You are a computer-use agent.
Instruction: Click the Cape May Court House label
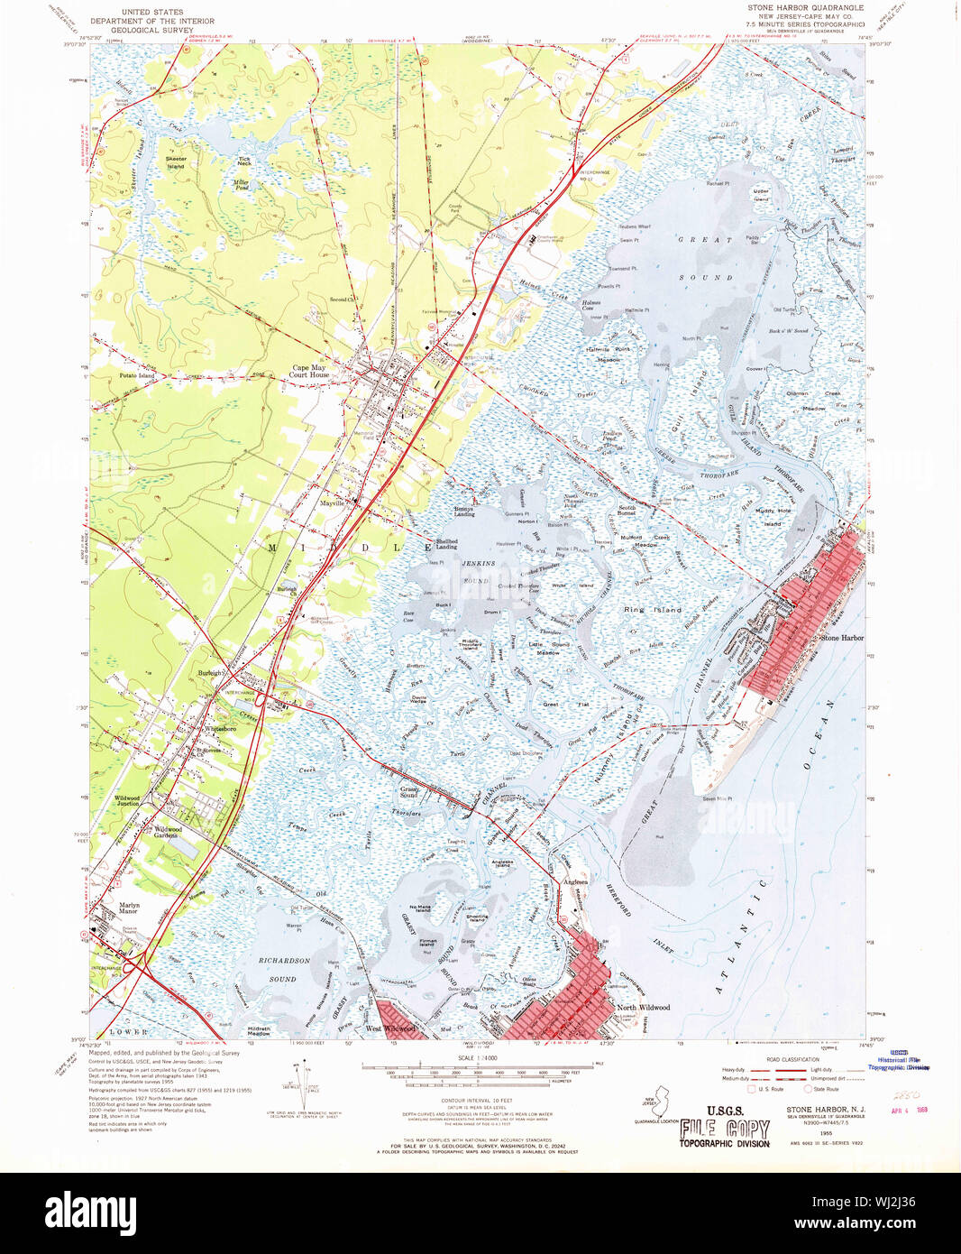(308, 371)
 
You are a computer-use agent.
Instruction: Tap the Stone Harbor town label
(841, 638)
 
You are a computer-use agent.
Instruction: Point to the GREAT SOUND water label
(705, 259)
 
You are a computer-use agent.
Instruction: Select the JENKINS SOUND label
(477, 572)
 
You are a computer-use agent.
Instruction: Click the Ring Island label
(653, 610)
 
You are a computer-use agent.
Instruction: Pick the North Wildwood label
(643, 1008)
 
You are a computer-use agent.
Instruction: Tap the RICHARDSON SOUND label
(284, 970)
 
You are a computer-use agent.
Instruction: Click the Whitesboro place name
(220, 728)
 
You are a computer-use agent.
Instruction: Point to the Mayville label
(333, 503)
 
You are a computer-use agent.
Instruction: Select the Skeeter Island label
(176, 162)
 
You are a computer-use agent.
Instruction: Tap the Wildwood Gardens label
(168, 832)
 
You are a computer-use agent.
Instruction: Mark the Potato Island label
(137, 375)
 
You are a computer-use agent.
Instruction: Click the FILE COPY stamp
(724, 1129)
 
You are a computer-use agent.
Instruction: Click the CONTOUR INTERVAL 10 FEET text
(477, 1102)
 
